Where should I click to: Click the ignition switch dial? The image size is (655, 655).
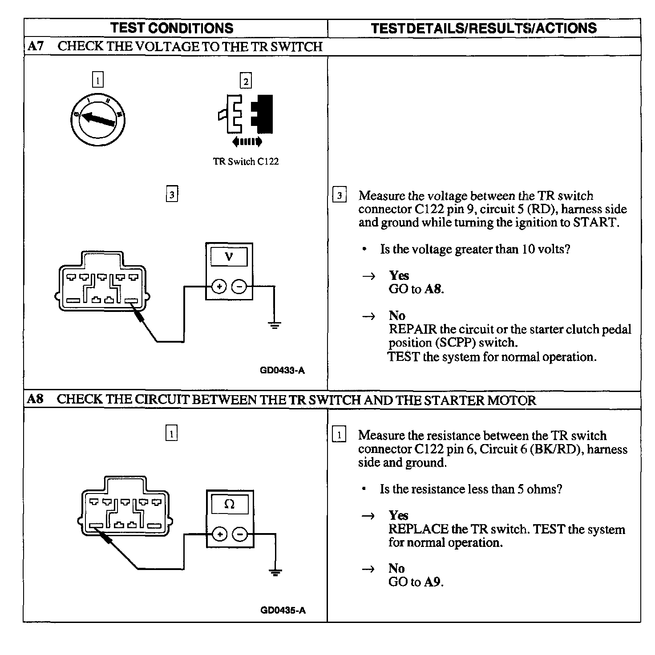[98, 118]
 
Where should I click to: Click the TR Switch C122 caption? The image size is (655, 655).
[246, 162]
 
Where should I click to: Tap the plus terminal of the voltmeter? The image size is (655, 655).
[218, 287]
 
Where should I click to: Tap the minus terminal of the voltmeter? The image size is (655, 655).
[240, 287]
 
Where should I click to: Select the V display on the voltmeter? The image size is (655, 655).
[229, 257]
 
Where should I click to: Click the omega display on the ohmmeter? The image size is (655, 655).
[230, 504]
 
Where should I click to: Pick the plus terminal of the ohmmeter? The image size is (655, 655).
[219, 534]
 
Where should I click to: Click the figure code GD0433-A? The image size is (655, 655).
[283, 370]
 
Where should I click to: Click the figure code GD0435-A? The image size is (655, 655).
[283, 610]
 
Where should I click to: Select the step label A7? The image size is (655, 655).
[35, 46]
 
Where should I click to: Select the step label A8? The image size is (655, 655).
[35, 399]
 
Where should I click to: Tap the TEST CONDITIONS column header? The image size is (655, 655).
[172, 28]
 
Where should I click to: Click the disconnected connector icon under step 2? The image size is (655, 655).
[246, 114]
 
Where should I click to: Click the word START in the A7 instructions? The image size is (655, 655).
[595, 222]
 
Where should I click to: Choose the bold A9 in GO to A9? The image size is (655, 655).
[433, 582]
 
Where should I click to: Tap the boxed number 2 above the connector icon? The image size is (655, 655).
[246, 81]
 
